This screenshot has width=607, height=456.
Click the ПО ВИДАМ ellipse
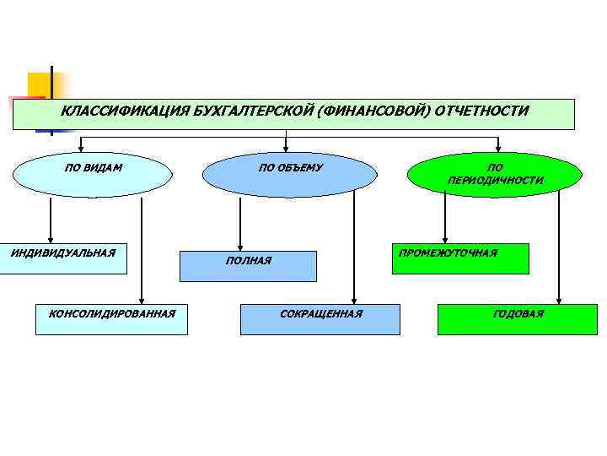tap(94, 174)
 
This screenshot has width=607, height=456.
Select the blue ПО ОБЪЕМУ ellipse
tap(290, 174)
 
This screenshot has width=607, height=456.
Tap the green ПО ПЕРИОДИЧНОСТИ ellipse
tap(495, 174)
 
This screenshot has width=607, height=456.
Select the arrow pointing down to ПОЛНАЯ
tap(240, 224)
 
